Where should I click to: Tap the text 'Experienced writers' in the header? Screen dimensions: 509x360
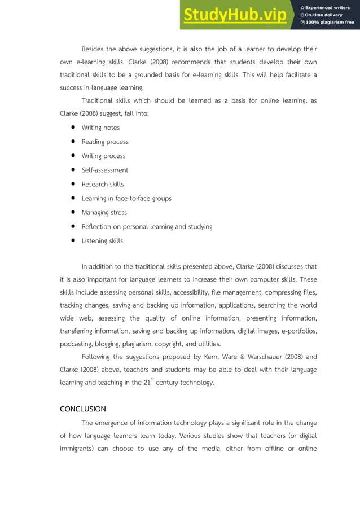tap(329, 7)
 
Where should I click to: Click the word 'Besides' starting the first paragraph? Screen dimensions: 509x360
tap(94, 49)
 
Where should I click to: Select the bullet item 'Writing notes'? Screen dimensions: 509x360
tap(100, 128)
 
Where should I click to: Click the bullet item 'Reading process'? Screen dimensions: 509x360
tap(105, 142)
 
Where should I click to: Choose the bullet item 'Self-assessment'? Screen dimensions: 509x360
tap(105, 170)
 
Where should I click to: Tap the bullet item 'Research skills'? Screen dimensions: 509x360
tap(103, 184)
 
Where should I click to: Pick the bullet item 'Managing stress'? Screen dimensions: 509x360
tap(104, 213)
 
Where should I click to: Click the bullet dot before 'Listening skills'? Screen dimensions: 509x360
tap(73, 241)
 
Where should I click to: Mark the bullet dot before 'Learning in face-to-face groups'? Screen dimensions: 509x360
tap(73, 199)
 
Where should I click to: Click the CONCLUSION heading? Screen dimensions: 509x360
tap(83, 409)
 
